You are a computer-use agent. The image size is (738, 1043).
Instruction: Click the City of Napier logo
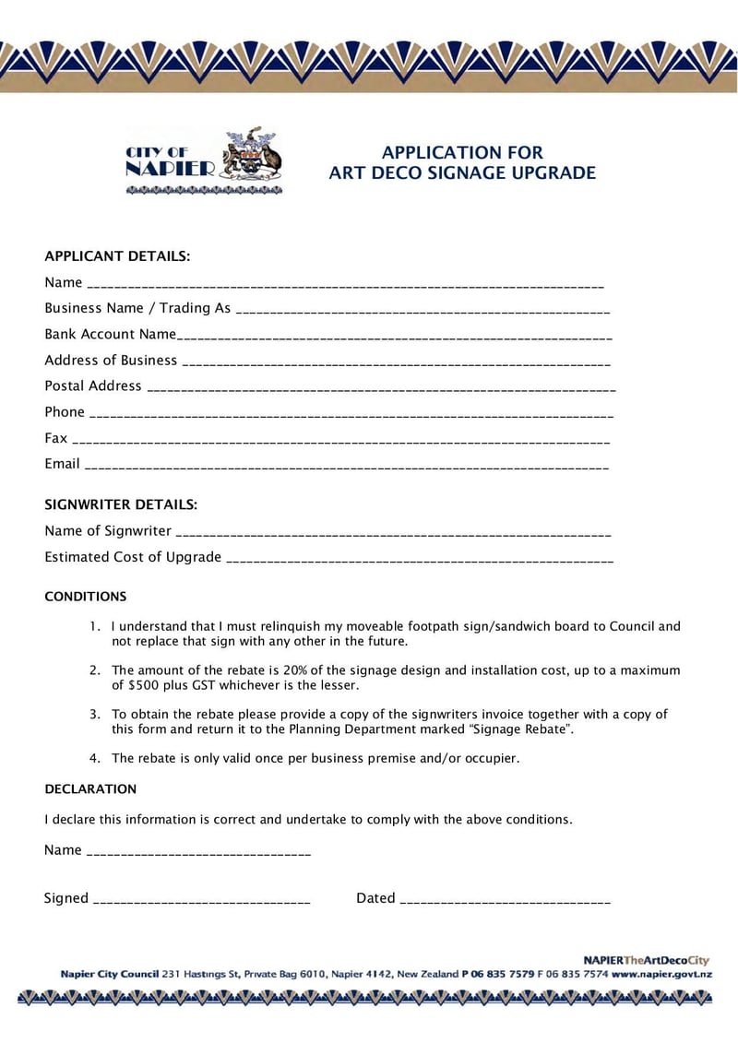pyautogui.click(x=204, y=163)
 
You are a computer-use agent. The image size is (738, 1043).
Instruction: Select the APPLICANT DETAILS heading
pyautogui.click(x=117, y=256)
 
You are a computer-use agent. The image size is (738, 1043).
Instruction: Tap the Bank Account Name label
pyautogui.click(x=110, y=334)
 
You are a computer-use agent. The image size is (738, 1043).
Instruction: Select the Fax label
pyautogui.click(x=55, y=438)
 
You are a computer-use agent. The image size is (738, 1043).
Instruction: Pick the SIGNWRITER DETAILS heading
pyautogui.click(x=121, y=504)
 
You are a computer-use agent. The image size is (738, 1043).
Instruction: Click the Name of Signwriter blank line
pyautogui.click(x=393, y=534)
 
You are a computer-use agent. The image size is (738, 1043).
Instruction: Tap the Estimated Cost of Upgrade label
pyautogui.click(x=133, y=557)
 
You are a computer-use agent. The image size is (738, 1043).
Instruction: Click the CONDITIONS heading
pyautogui.click(x=86, y=597)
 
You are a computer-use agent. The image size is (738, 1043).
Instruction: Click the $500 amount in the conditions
pyautogui.click(x=142, y=685)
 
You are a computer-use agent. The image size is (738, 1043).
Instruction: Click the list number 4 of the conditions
pyautogui.click(x=94, y=758)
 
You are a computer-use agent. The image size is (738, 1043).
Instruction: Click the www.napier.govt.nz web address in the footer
pyautogui.click(x=661, y=974)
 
